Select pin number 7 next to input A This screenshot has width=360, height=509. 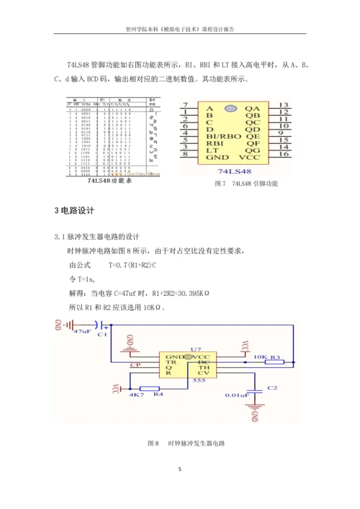pyautogui.click(x=186, y=105)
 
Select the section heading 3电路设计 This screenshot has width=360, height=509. pyautogui.click(x=78, y=210)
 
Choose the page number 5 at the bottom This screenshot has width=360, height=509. pyautogui.click(x=180, y=469)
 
